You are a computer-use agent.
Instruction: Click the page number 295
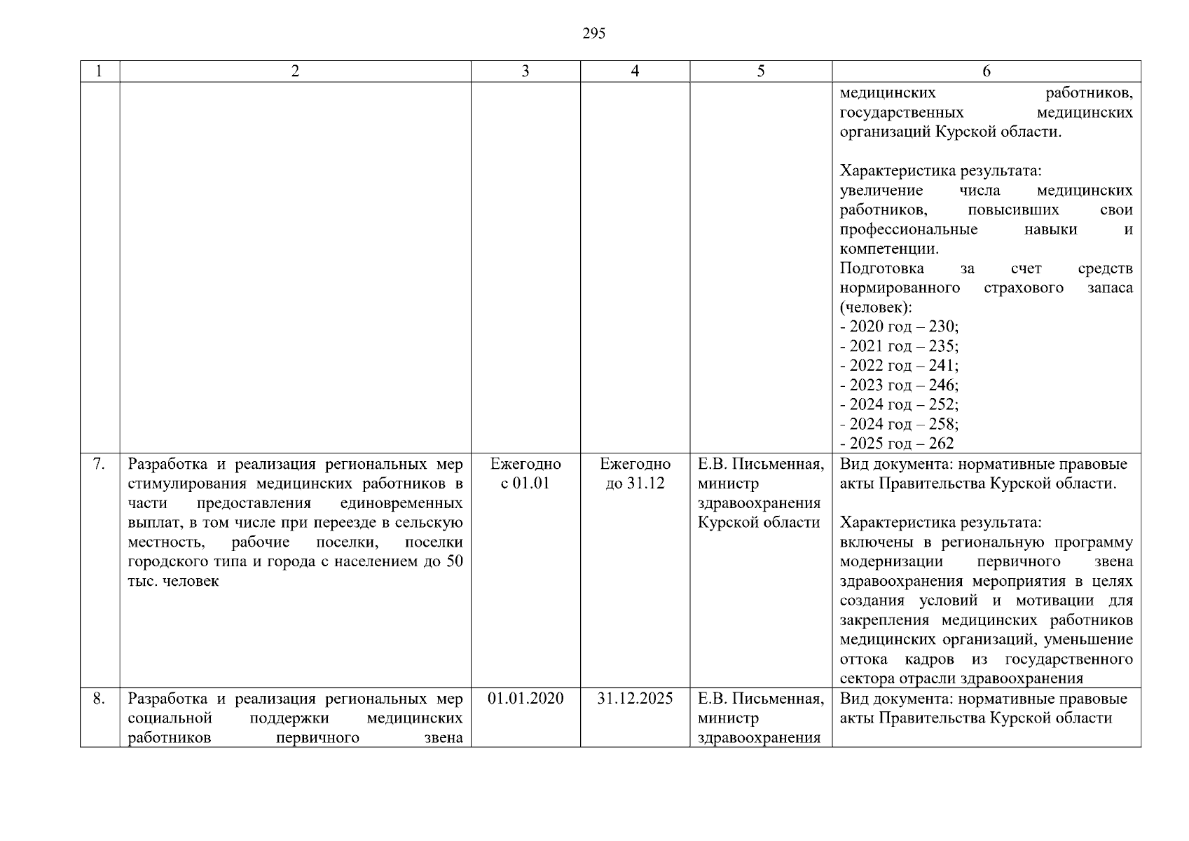point(593,34)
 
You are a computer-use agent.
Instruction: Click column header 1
point(99,71)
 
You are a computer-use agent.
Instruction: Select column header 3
point(525,71)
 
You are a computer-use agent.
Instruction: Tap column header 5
point(760,71)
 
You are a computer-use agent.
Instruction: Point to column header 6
point(986,71)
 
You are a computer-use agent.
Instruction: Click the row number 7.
point(99,464)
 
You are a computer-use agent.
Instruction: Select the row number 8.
point(99,699)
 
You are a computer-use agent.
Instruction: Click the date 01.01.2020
point(525,699)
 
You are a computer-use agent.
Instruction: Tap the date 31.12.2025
point(635,699)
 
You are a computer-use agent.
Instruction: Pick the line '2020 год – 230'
point(900,327)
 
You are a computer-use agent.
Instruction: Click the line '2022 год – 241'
point(900,366)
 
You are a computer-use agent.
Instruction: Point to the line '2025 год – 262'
point(898,444)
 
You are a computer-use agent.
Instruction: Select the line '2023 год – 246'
point(900,385)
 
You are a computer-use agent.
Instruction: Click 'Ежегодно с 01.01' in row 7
point(525,474)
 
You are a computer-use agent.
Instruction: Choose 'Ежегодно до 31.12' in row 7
point(635,474)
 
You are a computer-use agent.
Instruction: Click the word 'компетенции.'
point(889,249)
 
